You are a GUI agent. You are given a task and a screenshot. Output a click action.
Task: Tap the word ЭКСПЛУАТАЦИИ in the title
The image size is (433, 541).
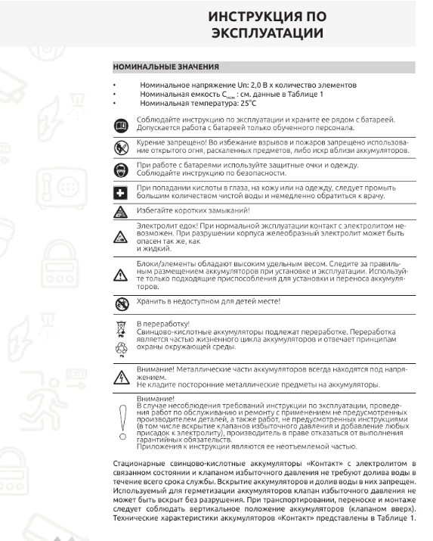click(x=267, y=34)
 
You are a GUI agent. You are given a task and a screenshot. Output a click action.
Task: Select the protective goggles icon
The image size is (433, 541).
click(x=121, y=169)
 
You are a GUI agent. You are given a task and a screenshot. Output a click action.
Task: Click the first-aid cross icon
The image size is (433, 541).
click(x=121, y=192)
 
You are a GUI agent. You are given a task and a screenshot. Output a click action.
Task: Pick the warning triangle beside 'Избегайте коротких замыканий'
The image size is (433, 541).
click(x=121, y=210)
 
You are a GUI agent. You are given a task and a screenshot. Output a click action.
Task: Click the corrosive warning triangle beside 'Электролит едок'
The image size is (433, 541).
click(x=121, y=238)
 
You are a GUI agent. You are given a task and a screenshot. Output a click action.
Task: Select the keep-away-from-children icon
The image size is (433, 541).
click(x=121, y=302)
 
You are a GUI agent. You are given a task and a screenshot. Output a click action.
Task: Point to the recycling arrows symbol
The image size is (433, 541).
click(x=121, y=349)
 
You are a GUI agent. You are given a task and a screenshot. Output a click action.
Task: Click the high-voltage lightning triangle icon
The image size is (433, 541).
click(x=121, y=378)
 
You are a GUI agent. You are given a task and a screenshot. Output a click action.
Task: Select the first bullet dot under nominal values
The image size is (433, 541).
click(x=113, y=85)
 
